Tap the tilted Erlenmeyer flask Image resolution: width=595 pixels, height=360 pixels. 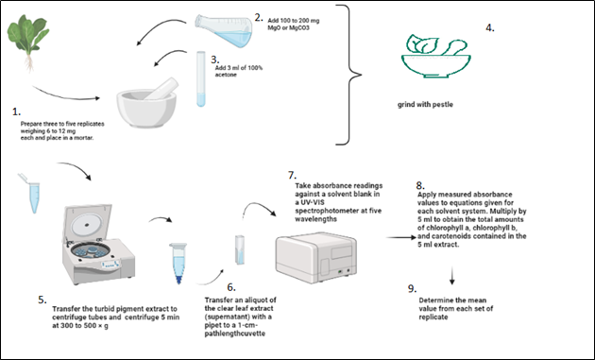point(224,30)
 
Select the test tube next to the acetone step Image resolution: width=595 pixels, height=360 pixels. point(201,79)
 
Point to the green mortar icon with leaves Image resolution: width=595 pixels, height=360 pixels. point(436,56)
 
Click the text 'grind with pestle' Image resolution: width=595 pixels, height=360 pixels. point(425,105)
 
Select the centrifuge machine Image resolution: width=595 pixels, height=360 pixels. point(98,244)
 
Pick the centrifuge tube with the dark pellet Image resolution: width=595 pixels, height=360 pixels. point(178,264)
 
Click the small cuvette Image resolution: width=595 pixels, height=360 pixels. point(240,249)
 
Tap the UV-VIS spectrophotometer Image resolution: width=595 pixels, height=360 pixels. point(316,257)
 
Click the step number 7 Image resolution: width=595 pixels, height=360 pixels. point(292,175)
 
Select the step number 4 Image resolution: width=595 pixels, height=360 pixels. point(490,27)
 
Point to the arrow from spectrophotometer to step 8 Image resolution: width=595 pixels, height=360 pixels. point(401,238)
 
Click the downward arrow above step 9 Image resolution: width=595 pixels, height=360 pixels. point(452,275)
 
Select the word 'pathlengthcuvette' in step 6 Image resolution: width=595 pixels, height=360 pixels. point(235,334)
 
